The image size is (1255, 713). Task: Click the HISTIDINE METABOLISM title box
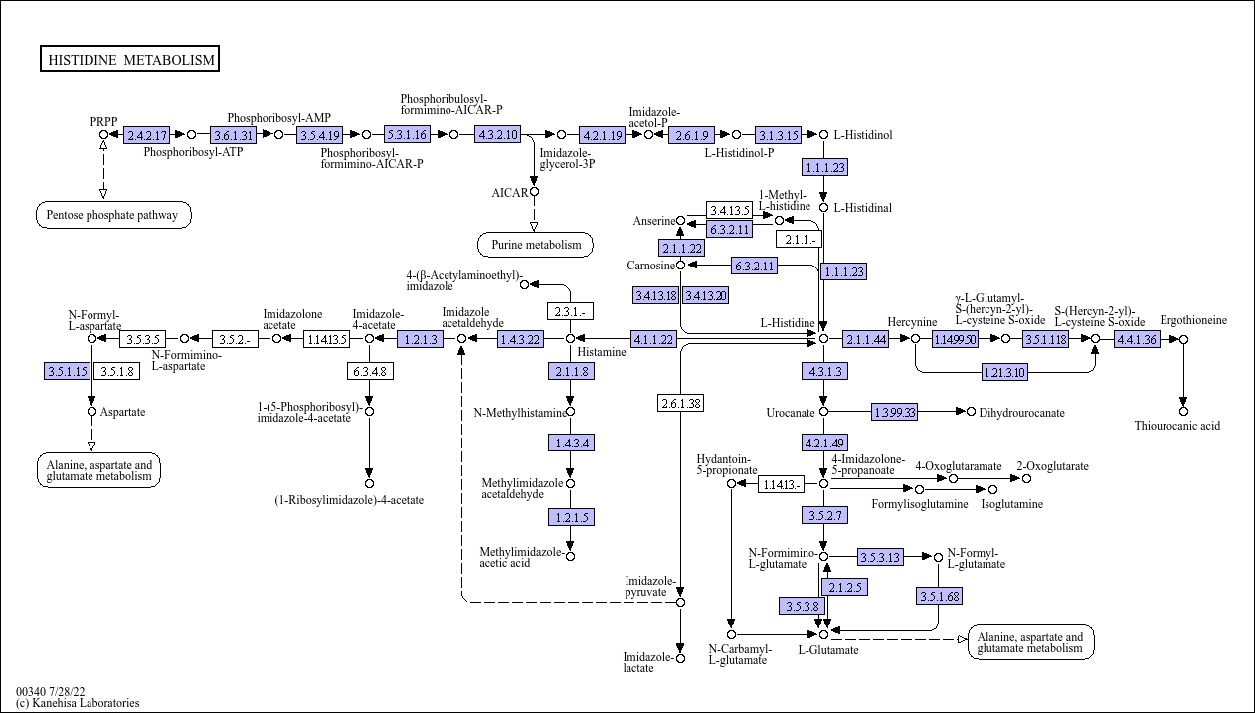(130, 60)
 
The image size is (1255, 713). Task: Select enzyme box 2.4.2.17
(147, 134)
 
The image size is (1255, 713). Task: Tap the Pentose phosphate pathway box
(113, 214)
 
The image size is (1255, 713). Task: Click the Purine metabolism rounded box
(535, 244)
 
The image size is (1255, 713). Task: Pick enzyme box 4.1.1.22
(653, 339)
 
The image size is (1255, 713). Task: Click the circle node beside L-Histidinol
(823, 134)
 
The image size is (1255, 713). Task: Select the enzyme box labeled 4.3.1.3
(823, 372)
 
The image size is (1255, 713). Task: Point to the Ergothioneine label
(1193, 320)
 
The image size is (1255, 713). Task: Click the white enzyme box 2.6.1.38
(680, 403)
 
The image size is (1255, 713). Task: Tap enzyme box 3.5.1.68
(939, 596)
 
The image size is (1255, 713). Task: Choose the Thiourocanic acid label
(1177, 426)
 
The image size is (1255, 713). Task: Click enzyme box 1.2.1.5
(570, 517)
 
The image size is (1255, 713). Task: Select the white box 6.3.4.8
(368, 372)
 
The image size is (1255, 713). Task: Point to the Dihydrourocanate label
(1021, 412)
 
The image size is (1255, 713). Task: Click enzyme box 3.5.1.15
(67, 372)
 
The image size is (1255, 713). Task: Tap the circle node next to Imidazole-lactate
(680, 657)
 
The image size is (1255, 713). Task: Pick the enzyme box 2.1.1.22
(680, 248)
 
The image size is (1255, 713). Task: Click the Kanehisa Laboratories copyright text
(78, 703)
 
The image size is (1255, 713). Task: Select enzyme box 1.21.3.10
(1005, 372)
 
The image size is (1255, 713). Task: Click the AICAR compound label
(509, 192)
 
